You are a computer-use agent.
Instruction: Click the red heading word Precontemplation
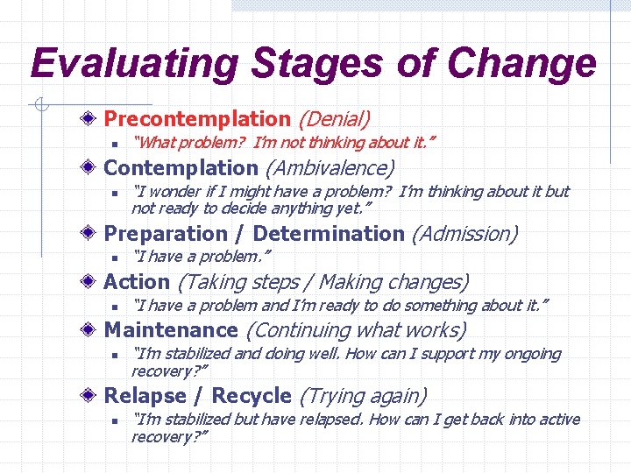click(x=197, y=118)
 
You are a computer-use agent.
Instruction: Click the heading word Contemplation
click(x=181, y=167)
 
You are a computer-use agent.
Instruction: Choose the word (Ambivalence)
click(x=330, y=167)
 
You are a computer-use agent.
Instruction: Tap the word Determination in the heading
click(x=329, y=234)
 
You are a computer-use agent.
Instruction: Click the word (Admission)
click(x=464, y=234)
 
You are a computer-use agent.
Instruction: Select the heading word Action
click(x=137, y=282)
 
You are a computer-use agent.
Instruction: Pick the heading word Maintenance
click(x=171, y=330)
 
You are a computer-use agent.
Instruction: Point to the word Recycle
click(x=252, y=396)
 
